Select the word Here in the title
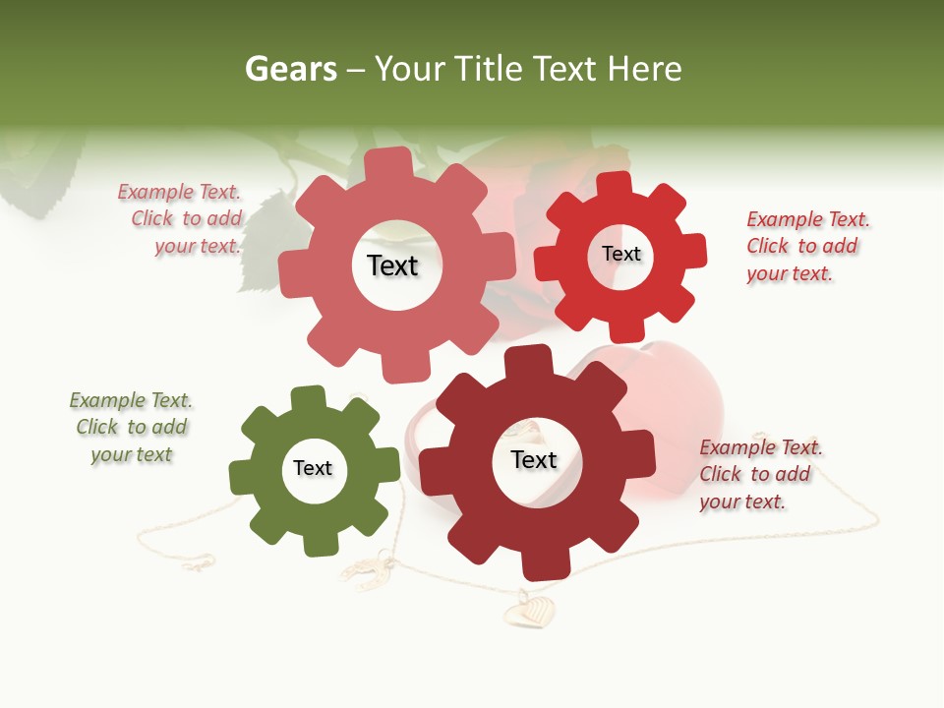[644, 69]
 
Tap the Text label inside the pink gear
[392, 265]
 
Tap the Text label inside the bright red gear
[620, 254]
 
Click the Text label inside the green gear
[313, 468]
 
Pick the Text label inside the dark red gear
[534, 459]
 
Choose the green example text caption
[131, 427]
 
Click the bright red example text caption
[806, 246]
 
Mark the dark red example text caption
[759, 474]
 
